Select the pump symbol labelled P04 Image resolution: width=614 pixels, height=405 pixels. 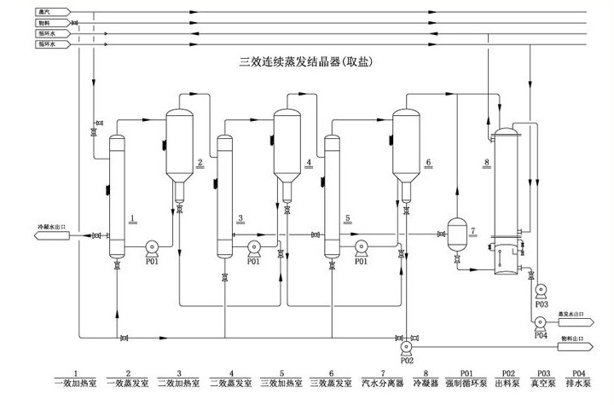540,323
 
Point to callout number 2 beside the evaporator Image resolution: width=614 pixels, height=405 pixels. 200,161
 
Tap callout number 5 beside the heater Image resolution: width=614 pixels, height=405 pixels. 348,218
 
